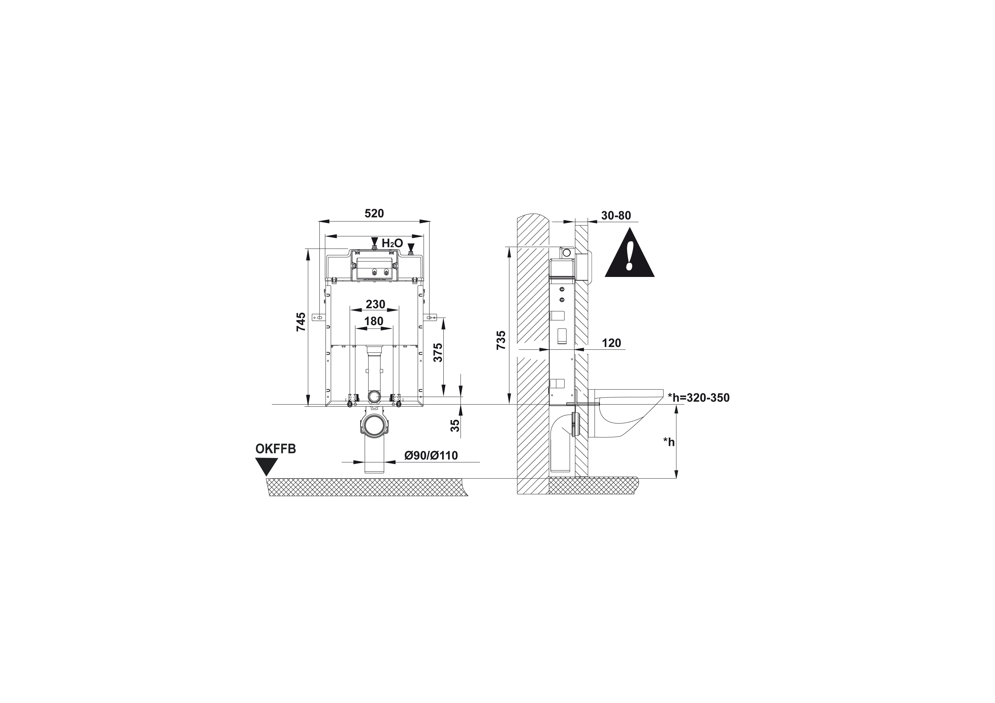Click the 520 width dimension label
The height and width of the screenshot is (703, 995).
374,213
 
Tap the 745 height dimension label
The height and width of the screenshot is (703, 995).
301,322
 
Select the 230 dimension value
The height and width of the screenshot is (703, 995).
375,304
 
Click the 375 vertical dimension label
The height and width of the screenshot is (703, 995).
438,353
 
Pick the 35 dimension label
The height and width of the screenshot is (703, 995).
455,426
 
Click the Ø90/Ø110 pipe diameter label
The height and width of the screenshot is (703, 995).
431,456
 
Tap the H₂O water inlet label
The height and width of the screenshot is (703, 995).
392,243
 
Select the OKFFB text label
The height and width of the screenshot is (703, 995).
276,449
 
